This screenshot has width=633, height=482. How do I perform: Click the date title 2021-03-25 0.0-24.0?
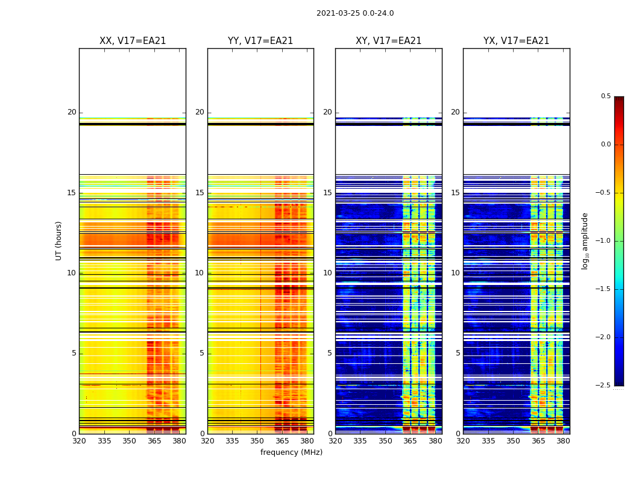[x=355, y=13]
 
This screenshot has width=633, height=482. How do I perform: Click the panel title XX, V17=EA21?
[x=133, y=41]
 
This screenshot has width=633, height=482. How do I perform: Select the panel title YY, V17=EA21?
[x=260, y=41]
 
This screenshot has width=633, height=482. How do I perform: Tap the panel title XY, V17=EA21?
[x=389, y=41]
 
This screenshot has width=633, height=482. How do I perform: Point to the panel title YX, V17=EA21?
[x=517, y=41]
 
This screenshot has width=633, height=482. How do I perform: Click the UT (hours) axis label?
[x=59, y=240]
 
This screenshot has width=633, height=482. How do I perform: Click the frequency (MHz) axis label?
[x=291, y=452]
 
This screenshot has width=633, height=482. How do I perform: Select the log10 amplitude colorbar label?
[x=585, y=240]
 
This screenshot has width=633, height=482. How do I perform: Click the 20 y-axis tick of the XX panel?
[x=72, y=112]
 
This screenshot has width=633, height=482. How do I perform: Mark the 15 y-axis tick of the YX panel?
[x=456, y=193]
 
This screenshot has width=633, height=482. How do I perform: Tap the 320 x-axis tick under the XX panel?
[x=79, y=441]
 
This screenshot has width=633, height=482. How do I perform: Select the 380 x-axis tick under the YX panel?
[x=563, y=441]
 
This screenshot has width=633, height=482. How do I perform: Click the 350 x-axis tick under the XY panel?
[x=385, y=441]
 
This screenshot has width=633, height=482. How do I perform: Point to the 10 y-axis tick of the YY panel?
[x=200, y=273]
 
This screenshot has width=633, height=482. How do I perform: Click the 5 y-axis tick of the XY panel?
[x=330, y=353]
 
